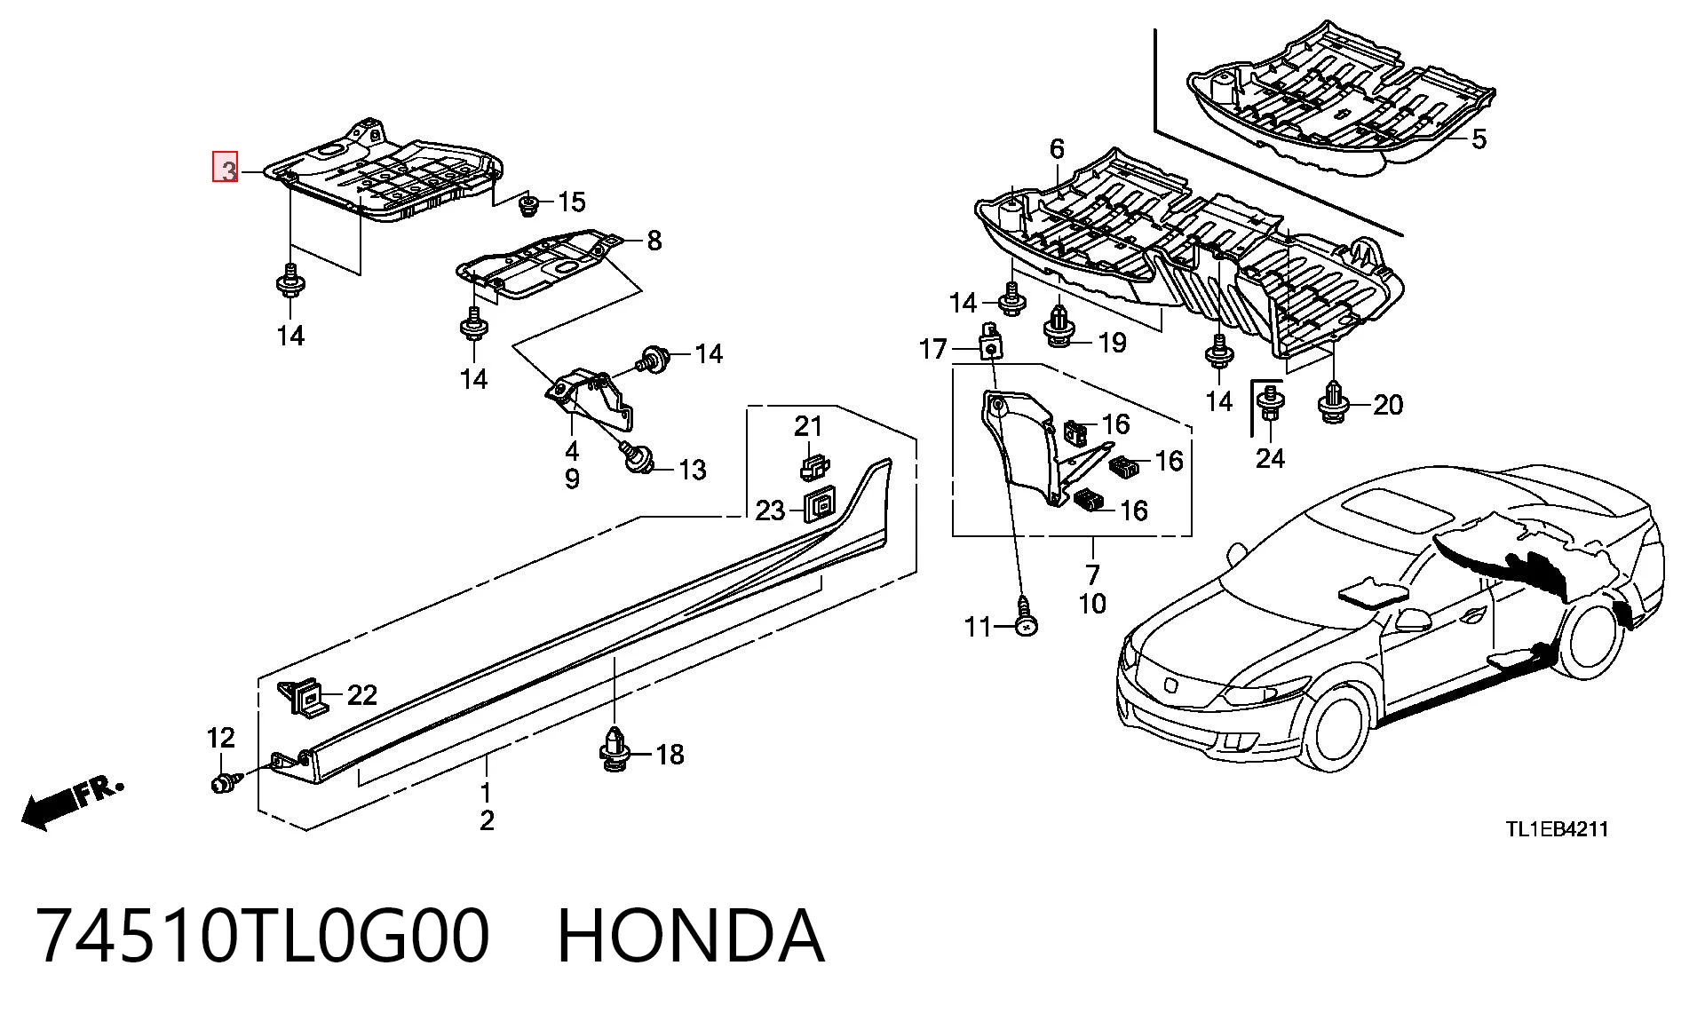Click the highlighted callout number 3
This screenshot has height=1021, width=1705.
tap(226, 167)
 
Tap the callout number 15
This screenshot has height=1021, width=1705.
tap(572, 202)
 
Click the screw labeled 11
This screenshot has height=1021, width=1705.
tap(1026, 619)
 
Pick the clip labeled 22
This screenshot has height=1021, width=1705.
tap(304, 697)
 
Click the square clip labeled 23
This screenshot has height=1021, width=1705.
tap(819, 507)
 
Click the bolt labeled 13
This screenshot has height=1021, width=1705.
tap(636, 456)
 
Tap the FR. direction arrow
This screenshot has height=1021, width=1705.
tap(71, 803)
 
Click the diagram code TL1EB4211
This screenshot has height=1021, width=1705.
tap(1556, 829)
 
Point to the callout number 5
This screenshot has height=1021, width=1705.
tap(1479, 139)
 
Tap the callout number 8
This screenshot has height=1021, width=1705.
tap(654, 240)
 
